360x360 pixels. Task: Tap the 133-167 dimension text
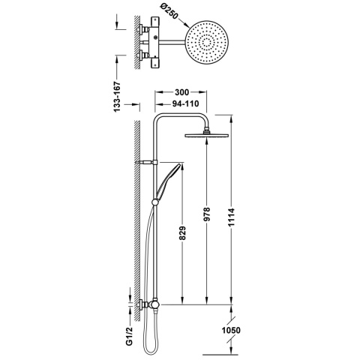click(x=117, y=97)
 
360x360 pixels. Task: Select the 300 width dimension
click(x=181, y=92)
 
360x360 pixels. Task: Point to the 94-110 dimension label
click(x=185, y=103)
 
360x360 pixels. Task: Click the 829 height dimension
click(x=182, y=233)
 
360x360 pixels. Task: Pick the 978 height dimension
click(x=207, y=214)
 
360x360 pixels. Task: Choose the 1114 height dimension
click(x=231, y=217)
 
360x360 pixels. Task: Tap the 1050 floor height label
click(x=231, y=330)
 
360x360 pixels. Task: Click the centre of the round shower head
click(x=207, y=43)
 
